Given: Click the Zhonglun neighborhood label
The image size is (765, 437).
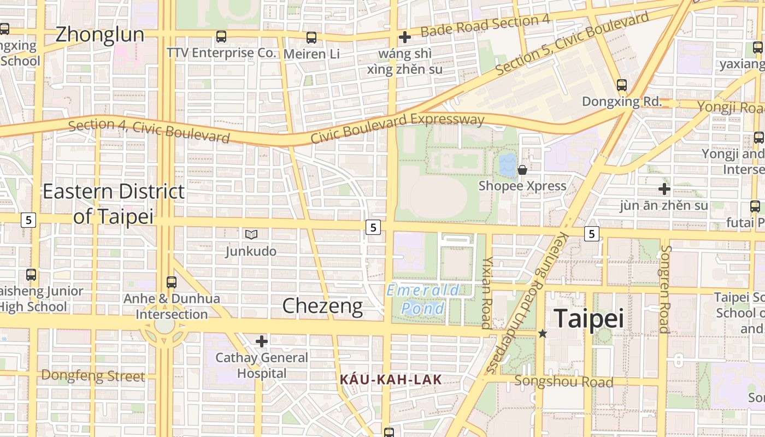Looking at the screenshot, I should (99, 35).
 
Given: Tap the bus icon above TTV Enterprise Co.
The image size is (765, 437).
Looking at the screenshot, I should (221, 37).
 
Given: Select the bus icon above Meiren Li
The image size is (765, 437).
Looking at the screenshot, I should (311, 38).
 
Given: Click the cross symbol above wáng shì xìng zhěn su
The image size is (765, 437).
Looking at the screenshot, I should (404, 37).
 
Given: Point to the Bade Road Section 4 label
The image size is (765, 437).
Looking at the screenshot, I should (485, 26).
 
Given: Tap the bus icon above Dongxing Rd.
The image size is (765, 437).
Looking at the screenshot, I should (621, 85).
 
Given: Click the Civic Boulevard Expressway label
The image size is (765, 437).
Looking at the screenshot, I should (397, 128).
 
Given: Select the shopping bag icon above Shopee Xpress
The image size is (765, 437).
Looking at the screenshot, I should (522, 170).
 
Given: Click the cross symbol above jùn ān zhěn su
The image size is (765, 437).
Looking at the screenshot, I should (664, 190).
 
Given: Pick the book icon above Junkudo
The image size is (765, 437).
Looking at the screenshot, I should (251, 234).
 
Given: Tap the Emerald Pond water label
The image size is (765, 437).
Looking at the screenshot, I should (423, 299).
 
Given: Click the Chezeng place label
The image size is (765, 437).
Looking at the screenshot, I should (322, 306).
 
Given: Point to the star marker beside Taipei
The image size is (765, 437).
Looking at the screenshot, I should (542, 333).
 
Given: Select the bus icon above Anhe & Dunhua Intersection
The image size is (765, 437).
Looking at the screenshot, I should (172, 282).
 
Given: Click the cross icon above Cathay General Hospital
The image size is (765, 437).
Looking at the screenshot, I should (262, 341).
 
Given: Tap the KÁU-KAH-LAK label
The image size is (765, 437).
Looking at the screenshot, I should (390, 379).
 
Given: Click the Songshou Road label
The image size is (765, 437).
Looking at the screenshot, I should (564, 381).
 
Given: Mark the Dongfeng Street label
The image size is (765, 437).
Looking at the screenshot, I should (93, 376).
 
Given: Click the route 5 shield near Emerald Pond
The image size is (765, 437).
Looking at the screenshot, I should (373, 227).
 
